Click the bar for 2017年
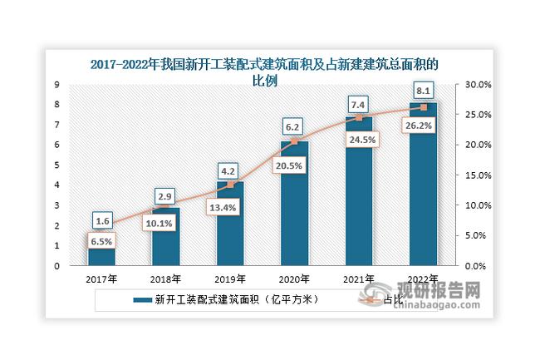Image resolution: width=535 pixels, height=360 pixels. tap(100, 250)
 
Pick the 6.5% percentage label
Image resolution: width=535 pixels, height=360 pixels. tap(100, 241)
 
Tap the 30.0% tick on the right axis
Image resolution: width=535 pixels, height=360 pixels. tap(479, 85)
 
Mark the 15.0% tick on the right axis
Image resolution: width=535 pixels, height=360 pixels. tap(479, 175)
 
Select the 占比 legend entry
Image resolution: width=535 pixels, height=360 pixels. tap(383, 298)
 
